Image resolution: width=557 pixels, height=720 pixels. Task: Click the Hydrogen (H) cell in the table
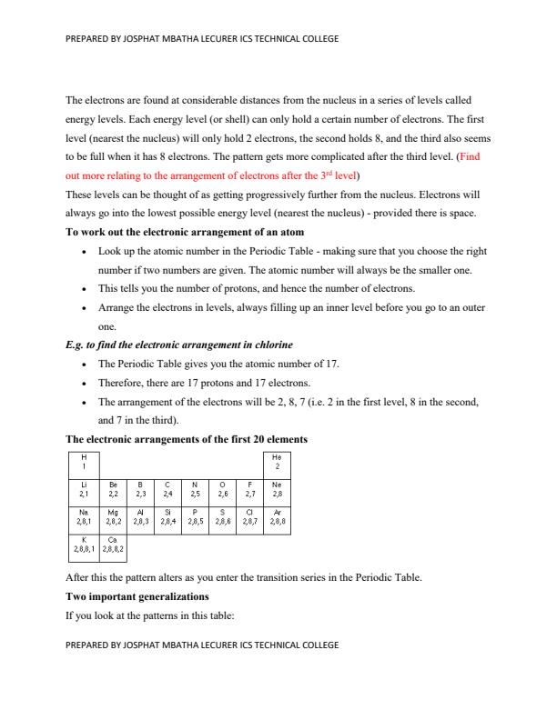click(x=84, y=462)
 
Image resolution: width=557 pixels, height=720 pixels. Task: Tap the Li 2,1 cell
click(x=84, y=492)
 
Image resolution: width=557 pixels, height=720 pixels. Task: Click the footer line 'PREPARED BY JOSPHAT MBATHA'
click(x=202, y=645)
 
